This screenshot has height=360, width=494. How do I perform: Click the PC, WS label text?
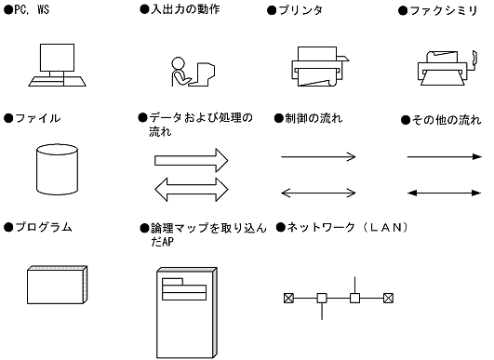pyautogui.click(x=32, y=9)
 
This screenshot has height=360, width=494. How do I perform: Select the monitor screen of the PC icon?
pyautogui.click(x=57, y=58)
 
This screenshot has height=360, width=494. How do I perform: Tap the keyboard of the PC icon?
pyautogui.click(x=57, y=81)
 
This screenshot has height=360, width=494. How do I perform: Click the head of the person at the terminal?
pyautogui.click(x=178, y=62)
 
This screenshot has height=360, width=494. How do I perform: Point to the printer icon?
pyautogui.click(x=319, y=66)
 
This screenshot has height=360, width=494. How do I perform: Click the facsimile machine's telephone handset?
pyautogui.click(x=474, y=60)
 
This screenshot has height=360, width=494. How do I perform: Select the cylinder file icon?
pyautogui.click(x=57, y=169)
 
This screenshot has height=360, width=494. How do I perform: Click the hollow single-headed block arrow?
pyautogui.click(x=192, y=160)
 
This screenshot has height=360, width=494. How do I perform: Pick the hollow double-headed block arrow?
pyautogui.click(x=192, y=190)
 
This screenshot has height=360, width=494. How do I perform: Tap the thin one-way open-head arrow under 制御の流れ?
pyautogui.click(x=318, y=156)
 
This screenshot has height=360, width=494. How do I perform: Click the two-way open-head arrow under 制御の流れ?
pyautogui.click(x=318, y=193)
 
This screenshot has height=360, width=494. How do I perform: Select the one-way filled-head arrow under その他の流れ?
pyautogui.click(x=445, y=156)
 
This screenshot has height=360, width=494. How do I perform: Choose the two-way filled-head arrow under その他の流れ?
pyautogui.click(x=445, y=193)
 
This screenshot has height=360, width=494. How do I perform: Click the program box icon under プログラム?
pyautogui.click(x=58, y=285)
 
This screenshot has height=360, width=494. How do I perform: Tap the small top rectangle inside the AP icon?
pyautogui.click(x=172, y=282)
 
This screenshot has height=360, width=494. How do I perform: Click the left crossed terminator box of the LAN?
pyautogui.click(x=288, y=298)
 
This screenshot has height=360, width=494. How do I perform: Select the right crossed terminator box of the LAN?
pyautogui.click(x=388, y=298)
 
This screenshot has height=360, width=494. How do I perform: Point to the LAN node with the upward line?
pyautogui.click(x=355, y=298)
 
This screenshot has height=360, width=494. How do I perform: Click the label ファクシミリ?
pyautogui.click(x=444, y=11)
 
